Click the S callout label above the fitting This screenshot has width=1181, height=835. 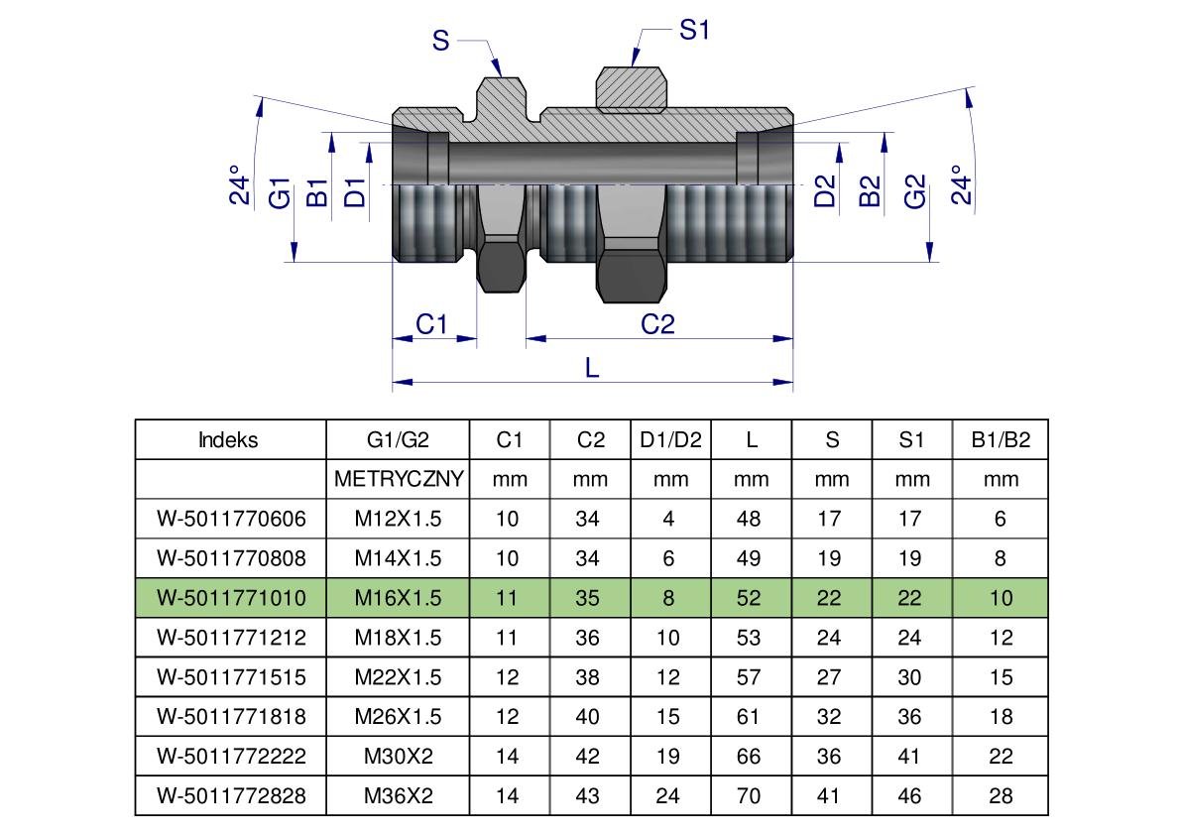click(x=441, y=41)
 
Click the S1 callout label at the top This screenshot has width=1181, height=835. click(x=694, y=31)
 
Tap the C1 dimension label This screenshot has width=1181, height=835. click(x=431, y=323)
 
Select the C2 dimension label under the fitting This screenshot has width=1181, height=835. click(x=657, y=323)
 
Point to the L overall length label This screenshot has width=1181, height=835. click(x=592, y=367)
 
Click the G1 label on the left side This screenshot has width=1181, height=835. click(x=282, y=192)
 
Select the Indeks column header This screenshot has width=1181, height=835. click(x=228, y=439)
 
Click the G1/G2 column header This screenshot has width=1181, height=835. click(x=398, y=439)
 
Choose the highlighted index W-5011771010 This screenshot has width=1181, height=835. click(x=231, y=598)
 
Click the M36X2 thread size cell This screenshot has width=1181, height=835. click(x=398, y=795)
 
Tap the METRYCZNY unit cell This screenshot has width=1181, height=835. click(x=398, y=479)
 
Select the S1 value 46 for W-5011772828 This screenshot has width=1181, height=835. click(x=911, y=795)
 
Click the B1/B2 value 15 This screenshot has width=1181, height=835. click(x=1001, y=677)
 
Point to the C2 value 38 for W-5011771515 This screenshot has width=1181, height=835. click(x=587, y=677)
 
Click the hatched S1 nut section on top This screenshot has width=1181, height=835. click(x=630, y=87)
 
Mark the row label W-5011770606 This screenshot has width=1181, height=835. click(x=231, y=519)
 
